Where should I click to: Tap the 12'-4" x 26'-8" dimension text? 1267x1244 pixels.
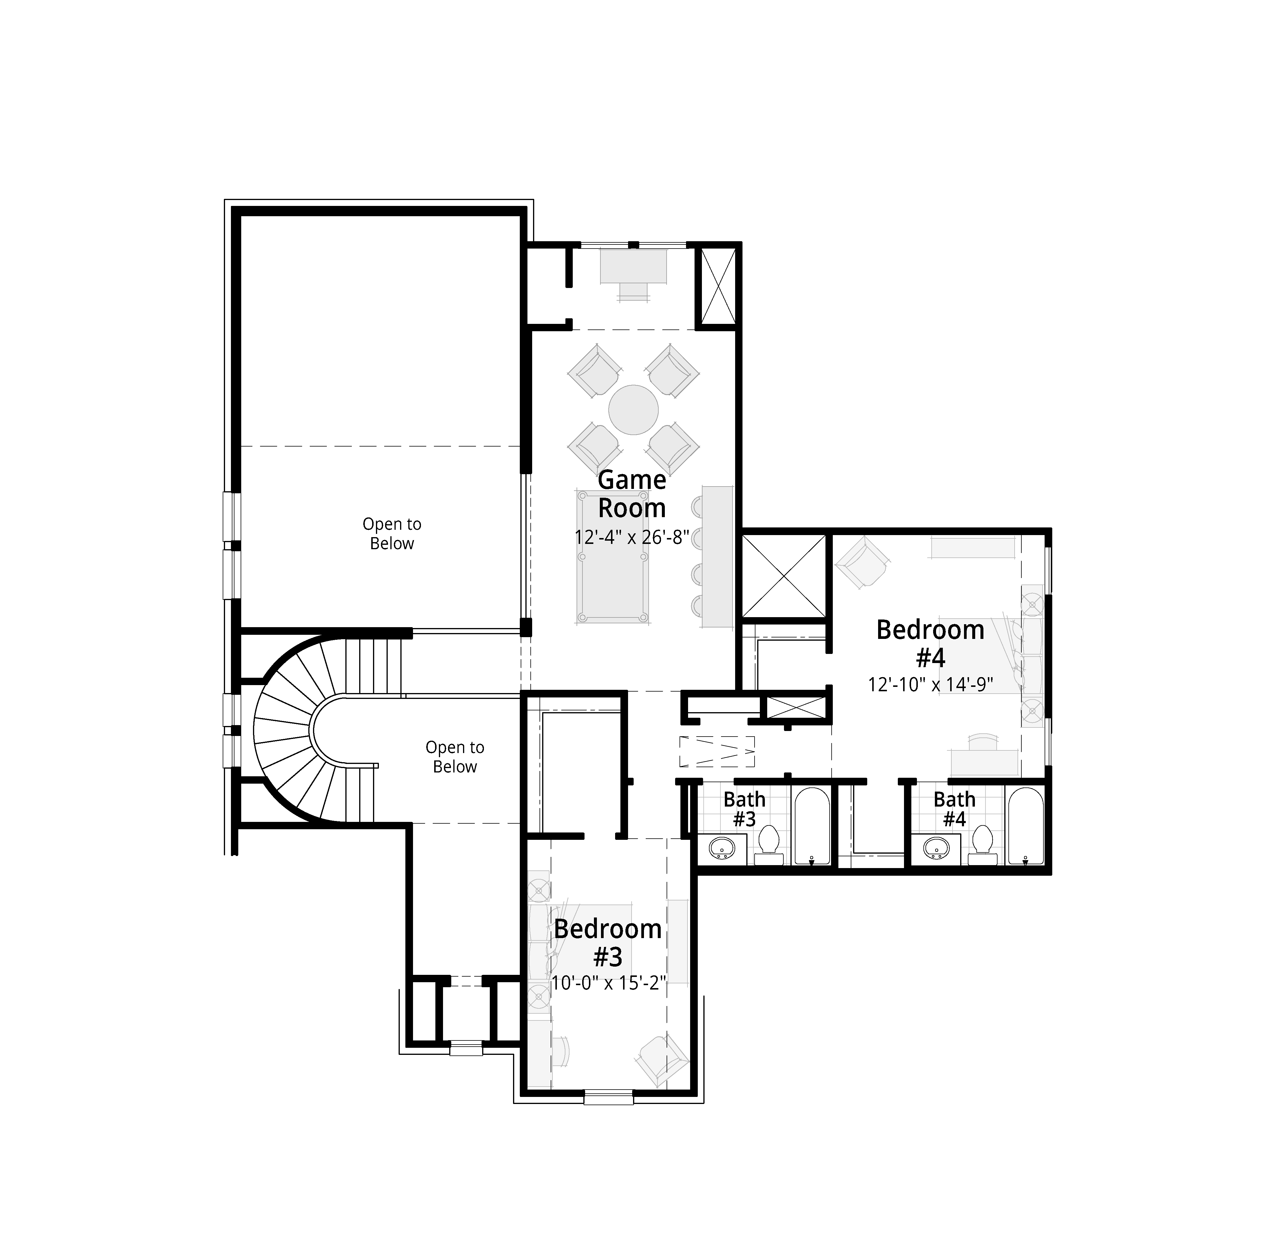(632, 537)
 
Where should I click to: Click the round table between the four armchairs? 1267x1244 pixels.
(633, 410)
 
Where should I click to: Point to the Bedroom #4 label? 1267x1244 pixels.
(930, 644)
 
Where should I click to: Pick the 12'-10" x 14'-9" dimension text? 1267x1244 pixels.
(930, 684)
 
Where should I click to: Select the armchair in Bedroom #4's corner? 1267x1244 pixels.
(863, 562)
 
